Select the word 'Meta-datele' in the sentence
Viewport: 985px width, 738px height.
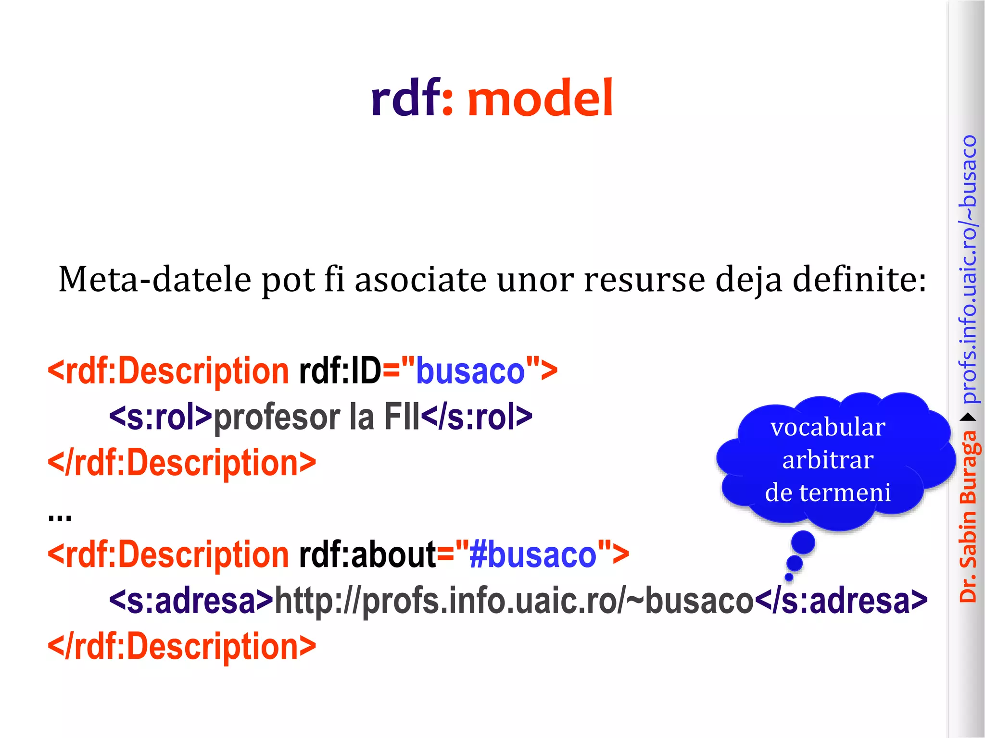[x=154, y=279]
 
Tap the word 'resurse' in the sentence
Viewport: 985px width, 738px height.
[x=644, y=279]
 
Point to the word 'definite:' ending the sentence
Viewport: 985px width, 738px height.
[x=859, y=279]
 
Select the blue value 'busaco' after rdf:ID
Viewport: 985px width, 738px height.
[x=470, y=371]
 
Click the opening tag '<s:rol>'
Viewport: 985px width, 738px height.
[x=161, y=417]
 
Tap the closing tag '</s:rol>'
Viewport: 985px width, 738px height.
[x=477, y=417]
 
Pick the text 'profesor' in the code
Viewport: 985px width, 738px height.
[x=277, y=417]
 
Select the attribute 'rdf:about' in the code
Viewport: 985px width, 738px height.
[x=367, y=555]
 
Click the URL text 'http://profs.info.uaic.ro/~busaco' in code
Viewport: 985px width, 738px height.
[x=514, y=601]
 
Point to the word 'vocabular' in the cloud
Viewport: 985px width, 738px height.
[x=828, y=427]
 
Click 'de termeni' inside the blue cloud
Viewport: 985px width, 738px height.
[x=828, y=492]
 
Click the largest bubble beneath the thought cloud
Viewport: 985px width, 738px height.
[x=803, y=542]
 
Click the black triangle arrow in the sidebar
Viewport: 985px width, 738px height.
[x=969, y=417]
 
